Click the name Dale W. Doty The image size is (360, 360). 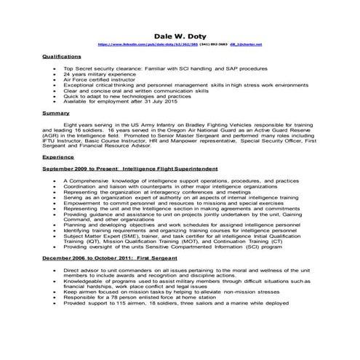(x=180, y=35)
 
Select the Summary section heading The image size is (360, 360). (x=56, y=113)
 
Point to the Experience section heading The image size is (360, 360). (x=59, y=156)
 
